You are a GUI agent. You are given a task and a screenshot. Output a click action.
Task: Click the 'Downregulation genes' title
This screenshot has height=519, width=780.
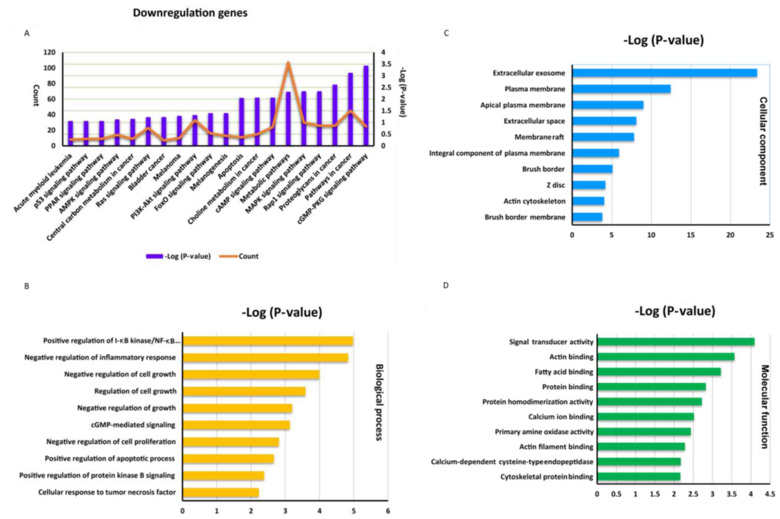tap(190, 13)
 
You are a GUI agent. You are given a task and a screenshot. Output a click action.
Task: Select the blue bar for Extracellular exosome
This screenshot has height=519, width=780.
tap(664, 73)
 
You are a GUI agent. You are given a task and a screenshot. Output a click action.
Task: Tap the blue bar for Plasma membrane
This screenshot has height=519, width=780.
tap(621, 89)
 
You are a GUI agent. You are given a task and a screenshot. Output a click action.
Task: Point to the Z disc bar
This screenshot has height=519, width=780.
tap(589, 185)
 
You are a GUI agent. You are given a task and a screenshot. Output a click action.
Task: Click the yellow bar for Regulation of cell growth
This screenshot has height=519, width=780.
tap(244, 391)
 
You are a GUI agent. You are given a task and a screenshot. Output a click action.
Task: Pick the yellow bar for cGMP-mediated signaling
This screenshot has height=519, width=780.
tap(236, 425)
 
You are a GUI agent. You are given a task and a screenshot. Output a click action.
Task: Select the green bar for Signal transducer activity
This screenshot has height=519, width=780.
tap(676, 342)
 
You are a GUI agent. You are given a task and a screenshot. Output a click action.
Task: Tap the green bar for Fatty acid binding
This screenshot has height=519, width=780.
tap(659, 372)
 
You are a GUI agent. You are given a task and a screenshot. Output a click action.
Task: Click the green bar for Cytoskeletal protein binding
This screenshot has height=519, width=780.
tap(639, 477)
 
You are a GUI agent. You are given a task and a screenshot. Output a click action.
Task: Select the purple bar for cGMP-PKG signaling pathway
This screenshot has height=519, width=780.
tap(366, 106)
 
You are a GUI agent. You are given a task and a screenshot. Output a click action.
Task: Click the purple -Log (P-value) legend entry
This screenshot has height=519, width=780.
tap(179, 256)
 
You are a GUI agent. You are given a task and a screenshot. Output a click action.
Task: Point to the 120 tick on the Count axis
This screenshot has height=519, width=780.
tap(50, 52)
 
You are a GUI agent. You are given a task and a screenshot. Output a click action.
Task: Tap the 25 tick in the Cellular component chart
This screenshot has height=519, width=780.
tap(769, 235)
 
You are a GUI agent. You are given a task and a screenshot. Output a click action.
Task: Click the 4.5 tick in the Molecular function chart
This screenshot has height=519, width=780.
tap(769, 494)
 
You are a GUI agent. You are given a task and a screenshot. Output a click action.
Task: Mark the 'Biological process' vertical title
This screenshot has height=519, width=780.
tap(379, 402)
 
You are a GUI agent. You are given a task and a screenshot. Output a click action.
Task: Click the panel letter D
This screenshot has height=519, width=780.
tap(445, 285)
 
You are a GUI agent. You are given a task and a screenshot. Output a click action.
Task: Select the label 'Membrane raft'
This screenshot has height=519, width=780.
tap(539, 137)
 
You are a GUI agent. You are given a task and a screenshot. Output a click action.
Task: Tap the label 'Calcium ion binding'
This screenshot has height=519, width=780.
tap(561, 417)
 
